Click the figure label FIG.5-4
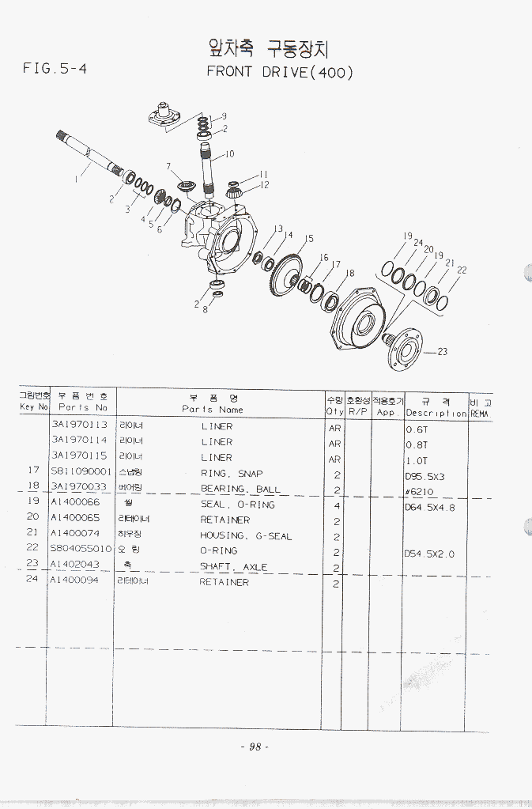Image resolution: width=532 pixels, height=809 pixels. (x=55, y=68)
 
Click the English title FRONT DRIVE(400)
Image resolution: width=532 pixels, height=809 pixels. (x=280, y=72)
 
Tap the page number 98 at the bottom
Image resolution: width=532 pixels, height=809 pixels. (x=255, y=747)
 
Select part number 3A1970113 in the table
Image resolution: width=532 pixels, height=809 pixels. (x=79, y=426)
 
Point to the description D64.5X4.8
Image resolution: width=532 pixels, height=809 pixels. (x=430, y=507)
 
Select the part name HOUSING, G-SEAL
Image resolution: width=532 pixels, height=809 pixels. (x=246, y=536)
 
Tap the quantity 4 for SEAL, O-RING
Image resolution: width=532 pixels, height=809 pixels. (x=336, y=505)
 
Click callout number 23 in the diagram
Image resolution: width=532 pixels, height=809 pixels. (x=442, y=352)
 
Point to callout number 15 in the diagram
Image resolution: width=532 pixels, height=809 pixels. (x=310, y=238)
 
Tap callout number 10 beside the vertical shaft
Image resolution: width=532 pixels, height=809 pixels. (x=230, y=154)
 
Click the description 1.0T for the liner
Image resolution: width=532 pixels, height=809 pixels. (x=417, y=459)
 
